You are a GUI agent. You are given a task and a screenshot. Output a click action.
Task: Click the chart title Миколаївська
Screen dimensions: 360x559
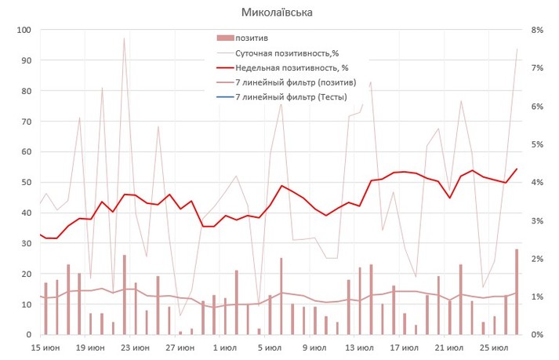pos(279,13)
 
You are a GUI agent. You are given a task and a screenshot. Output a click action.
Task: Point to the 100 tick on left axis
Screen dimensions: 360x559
pos(24,30)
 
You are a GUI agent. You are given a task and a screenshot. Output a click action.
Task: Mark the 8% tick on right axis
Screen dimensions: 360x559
pos(538,30)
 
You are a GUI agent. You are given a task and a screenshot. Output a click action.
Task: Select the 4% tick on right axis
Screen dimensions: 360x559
pos(538,182)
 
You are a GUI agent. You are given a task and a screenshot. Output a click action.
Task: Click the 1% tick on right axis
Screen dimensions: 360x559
pos(538,296)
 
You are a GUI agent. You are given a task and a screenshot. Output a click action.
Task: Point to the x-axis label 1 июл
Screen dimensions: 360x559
pos(226,347)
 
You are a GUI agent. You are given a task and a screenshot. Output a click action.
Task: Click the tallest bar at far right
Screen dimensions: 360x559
pos(517,292)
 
